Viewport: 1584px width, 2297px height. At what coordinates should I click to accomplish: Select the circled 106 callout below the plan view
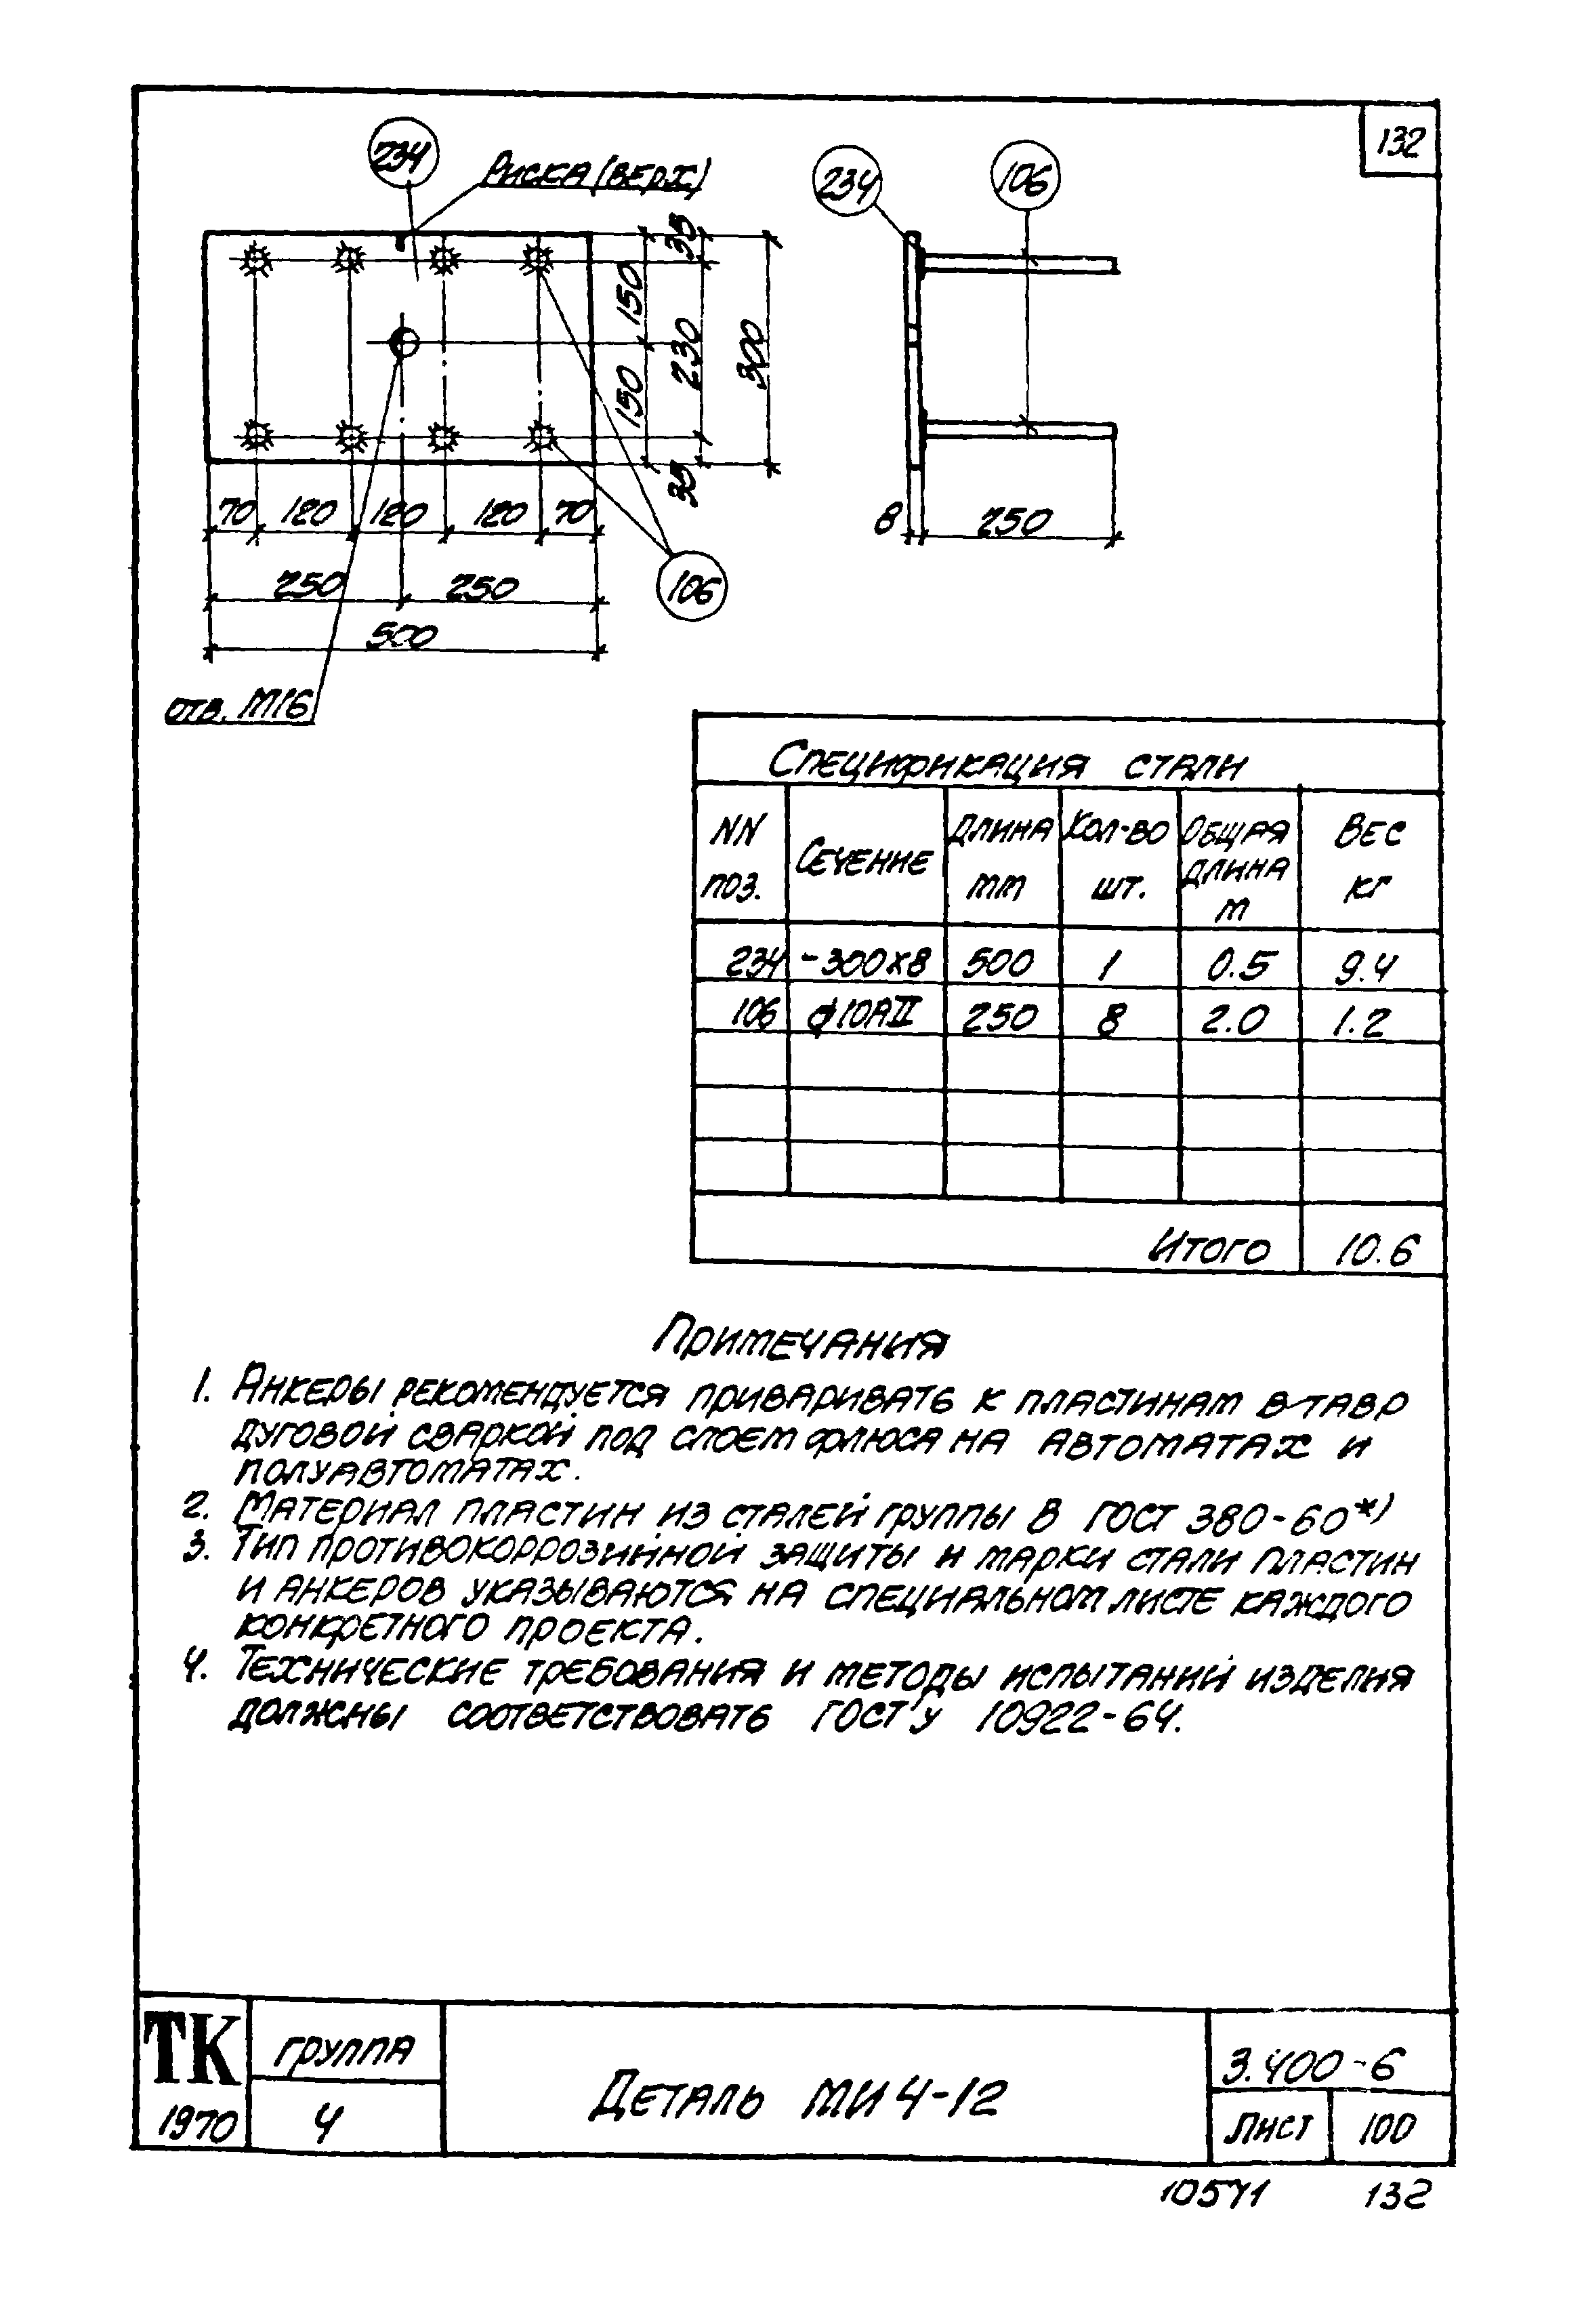[x=692, y=588]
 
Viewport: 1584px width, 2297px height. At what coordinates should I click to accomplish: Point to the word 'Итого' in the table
[x=1209, y=1248]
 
